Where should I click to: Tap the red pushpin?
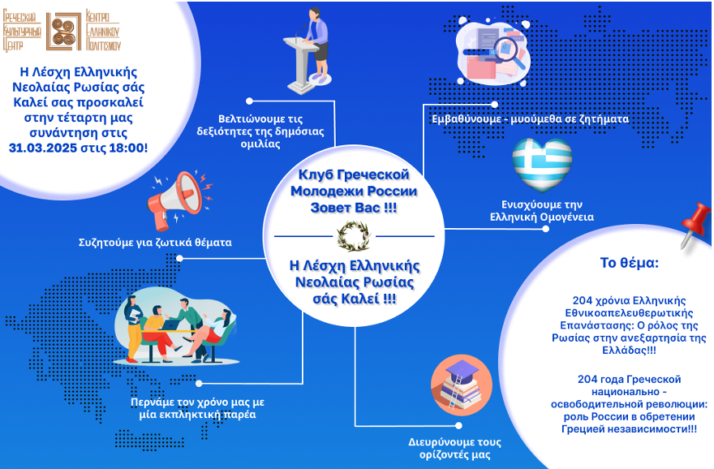[x=695, y=225]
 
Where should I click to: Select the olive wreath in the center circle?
[x=354, y=236]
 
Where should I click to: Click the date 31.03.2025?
[x=43, y=148]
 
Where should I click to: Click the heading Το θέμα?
[x=629, y=263]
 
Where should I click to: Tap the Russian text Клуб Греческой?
[x=354, y=174]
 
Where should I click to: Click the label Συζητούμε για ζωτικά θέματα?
[x=155, y=243]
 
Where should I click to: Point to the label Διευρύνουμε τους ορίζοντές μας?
[x=454, y=448]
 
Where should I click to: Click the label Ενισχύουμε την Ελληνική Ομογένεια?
[x=541, y=211]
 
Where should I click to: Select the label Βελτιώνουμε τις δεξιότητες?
[x=260, y=125]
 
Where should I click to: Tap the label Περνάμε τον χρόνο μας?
[x=197, y=402]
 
